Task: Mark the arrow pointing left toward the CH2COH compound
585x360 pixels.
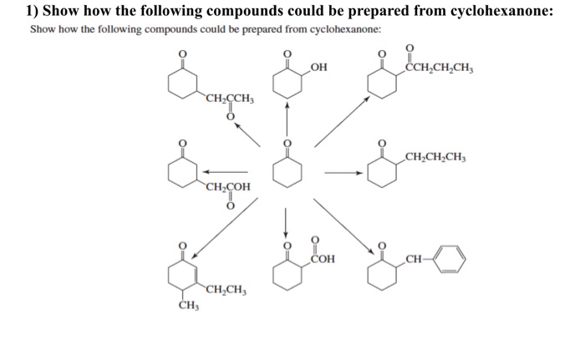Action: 232,174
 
